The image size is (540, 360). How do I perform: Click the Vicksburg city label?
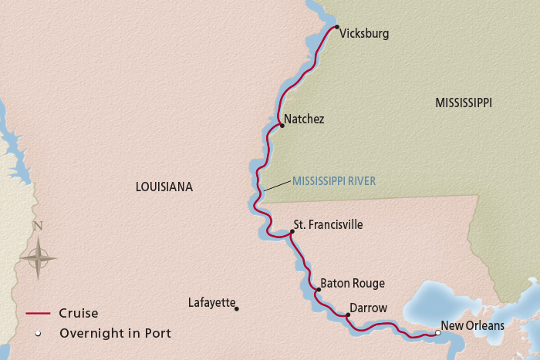pos(364,34)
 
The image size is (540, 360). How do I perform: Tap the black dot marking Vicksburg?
pos(337,27)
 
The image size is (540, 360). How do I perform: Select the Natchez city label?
pos(304,119)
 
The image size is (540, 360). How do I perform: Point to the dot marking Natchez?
pos(282,125)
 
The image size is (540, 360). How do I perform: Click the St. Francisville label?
pos(328,225)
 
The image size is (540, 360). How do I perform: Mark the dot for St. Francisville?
pos(292,230)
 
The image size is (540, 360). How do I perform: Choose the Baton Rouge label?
pos(352,284)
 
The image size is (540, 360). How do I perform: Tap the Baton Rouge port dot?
pos(317,290)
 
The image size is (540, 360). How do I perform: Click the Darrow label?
pos(368,308)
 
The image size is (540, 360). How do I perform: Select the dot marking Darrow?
pos(348,315)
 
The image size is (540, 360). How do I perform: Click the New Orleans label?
pos(472,326)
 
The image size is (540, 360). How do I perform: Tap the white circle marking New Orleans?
pos(437,333)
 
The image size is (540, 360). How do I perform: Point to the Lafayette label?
pos(211,303)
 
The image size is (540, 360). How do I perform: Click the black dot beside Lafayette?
pos(237,309)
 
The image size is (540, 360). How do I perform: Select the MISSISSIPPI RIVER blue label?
pos(333,182)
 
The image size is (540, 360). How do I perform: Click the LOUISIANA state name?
pos(164,187)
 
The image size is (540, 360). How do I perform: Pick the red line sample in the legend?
pos(39,314)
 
